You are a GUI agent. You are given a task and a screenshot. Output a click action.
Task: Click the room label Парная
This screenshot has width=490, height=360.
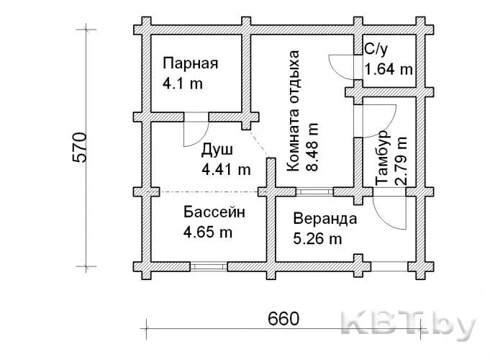coord(190,63)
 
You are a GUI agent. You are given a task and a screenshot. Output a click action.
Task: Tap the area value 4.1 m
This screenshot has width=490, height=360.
coord(183,84)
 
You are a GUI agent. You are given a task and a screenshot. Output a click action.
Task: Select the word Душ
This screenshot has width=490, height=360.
coord(217,150)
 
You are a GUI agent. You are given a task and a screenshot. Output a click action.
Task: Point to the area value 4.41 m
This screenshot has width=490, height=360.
coord(226,169)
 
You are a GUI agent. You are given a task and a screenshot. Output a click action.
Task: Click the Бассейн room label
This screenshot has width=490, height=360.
coord(214,212)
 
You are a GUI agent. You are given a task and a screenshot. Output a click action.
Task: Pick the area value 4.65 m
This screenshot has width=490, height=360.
coord(208,233)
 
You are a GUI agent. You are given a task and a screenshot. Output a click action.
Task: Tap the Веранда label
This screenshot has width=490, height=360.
coord(325,219)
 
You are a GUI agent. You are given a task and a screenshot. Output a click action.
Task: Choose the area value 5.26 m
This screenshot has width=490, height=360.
coord(317,239)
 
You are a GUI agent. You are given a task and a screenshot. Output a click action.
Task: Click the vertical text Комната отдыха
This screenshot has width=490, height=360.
coord(293,111)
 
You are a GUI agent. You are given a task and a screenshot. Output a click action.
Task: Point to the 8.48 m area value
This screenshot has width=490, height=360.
coord(312,147)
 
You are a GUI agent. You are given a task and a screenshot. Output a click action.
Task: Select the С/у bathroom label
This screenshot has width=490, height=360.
coord(376,50)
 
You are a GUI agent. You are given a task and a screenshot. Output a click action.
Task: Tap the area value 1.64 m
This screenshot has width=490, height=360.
coord(389,69)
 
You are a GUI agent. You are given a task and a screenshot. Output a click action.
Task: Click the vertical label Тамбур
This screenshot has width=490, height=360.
coord(383,158)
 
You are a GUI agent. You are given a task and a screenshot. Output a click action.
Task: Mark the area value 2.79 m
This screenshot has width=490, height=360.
coord(401,161)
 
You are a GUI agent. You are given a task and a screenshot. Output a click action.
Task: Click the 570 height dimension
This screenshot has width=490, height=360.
coord(79,148)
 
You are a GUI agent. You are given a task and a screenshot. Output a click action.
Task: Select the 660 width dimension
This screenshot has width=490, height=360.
coord(283,319)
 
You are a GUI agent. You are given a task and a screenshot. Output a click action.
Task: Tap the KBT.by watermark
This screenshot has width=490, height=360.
coord(409,326)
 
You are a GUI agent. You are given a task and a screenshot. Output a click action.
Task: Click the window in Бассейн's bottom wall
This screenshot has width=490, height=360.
coord(209,266)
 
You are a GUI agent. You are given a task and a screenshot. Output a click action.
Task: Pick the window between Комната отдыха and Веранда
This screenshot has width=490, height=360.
coord(314,192)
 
